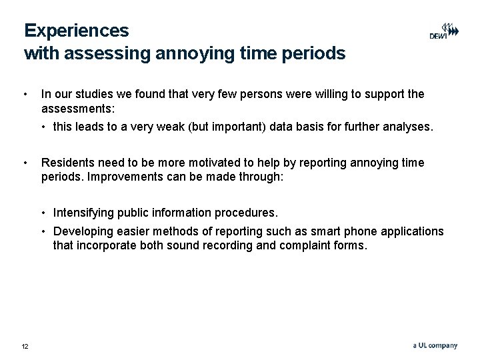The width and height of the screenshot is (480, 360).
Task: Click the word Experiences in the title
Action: (x=77, y=31)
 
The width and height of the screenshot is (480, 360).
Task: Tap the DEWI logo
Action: (x=443, y=32)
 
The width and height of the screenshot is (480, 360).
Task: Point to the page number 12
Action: (x=25, y=346)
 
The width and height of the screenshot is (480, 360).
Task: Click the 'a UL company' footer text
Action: (x=435, y=345)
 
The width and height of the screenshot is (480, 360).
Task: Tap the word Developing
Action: (x=83, y=231)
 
